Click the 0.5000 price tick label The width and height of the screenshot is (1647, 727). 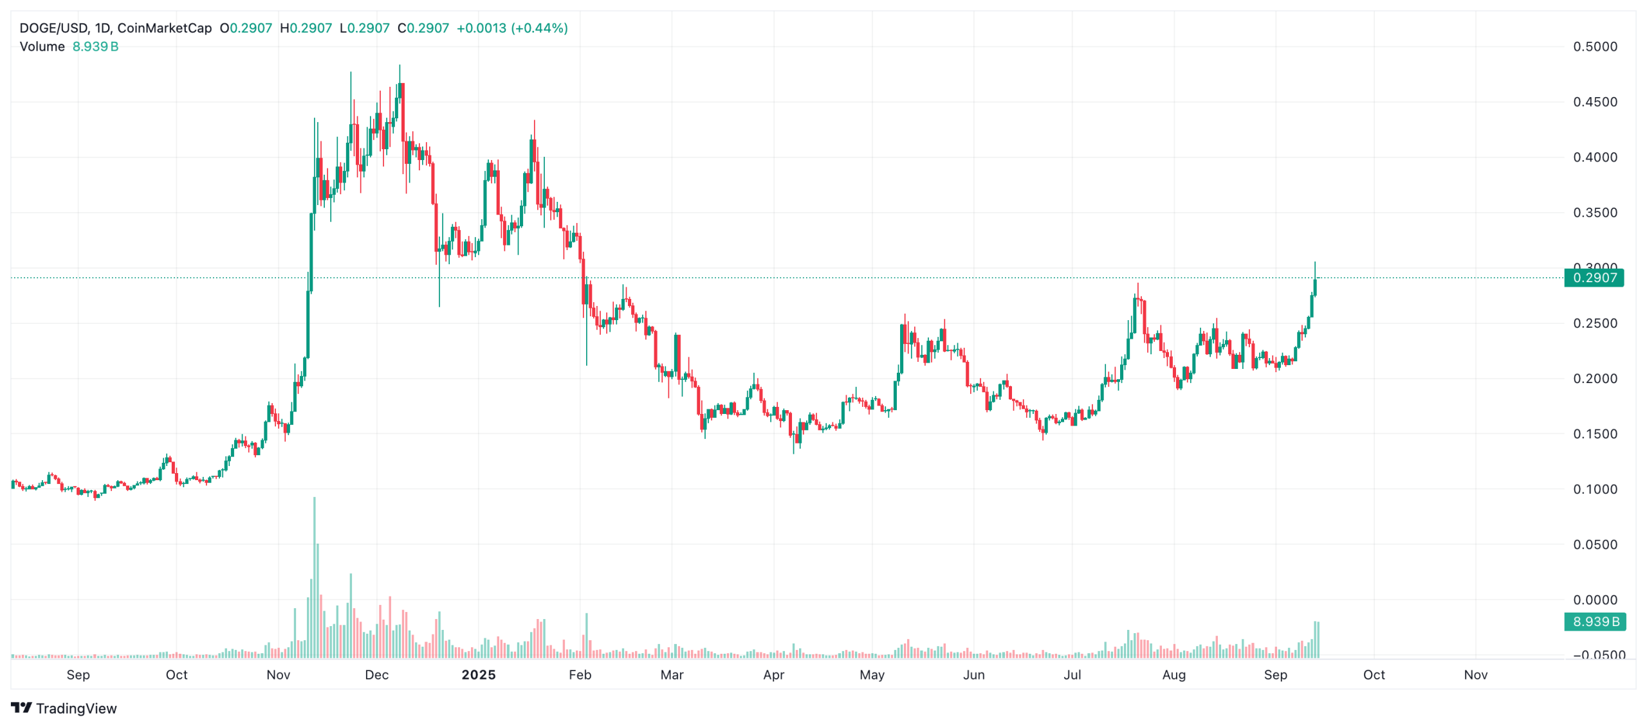[1594, 46]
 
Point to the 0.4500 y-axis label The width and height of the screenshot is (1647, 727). [1594, 102]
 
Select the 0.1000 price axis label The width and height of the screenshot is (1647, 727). [1594, 489]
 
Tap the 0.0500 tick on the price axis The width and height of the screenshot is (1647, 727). [1594, 544]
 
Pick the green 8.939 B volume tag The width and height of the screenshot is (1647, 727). [1594, 622]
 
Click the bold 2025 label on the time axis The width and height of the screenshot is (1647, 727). [479, 674]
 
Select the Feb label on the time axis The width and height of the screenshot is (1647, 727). [580, 674]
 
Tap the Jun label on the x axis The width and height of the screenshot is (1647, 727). [973, 674]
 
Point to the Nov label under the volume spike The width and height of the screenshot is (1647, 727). [278, 674]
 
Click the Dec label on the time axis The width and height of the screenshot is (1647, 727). [376, 674]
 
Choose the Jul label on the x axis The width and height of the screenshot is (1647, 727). [1072, 674]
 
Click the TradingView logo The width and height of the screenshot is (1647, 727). [64, 708]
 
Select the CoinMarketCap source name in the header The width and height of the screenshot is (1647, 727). [164, 28]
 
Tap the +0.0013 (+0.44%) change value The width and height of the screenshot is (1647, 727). [511, 28]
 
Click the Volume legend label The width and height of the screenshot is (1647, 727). [42, 47]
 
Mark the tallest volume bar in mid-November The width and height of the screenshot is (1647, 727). [315, 579]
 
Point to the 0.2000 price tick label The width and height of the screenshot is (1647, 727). [1594, 379]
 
